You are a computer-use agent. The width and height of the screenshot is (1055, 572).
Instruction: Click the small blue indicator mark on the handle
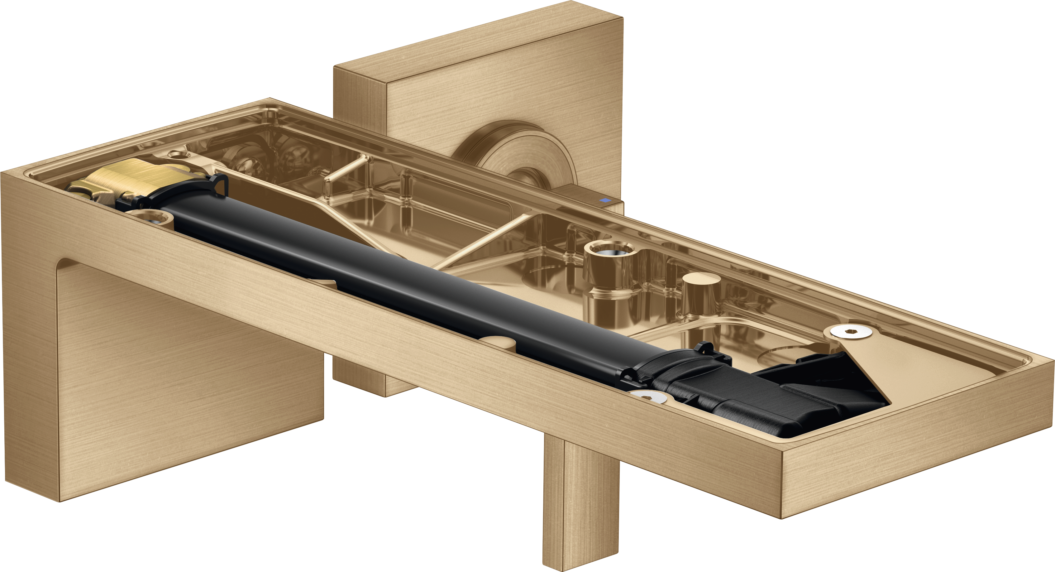pos(604,200)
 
